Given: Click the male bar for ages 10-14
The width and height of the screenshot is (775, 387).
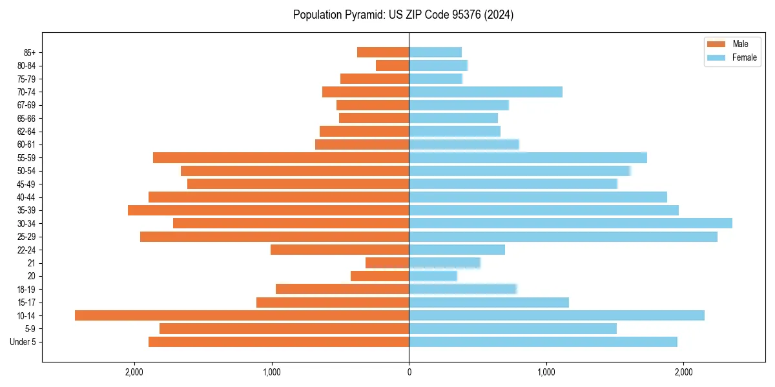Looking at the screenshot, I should (242, 315).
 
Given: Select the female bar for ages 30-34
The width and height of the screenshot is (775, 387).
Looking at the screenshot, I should (570, 223).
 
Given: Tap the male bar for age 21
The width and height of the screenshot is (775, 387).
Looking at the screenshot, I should (387, 263).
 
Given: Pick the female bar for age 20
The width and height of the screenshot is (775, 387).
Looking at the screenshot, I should (433, 276).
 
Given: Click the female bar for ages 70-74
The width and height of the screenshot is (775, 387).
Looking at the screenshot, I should (486, 92).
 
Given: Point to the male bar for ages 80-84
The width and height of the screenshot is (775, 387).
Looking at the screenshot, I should (392, 65).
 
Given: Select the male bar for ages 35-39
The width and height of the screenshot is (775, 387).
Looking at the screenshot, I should (268, 210).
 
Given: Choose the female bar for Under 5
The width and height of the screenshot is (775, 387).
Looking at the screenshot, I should (543, 342).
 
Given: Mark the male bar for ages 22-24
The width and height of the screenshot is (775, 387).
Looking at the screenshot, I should (340, 250).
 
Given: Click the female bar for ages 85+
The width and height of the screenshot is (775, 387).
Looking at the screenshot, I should (435, 52).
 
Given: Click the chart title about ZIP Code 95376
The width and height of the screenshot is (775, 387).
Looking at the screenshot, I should (403, 15).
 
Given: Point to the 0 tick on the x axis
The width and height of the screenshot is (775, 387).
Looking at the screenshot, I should (409, 372).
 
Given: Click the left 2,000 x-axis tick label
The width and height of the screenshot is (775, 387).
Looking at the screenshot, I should (134, 372).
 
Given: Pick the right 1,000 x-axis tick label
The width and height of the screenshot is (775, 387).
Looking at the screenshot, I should (546, 372).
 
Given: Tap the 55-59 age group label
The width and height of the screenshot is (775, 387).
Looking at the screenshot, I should (26, 157).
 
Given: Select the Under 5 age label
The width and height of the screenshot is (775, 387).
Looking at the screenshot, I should (23, 342).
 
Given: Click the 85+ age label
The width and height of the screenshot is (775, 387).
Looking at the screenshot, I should (29, 52).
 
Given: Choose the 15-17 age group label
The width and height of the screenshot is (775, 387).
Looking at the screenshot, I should (26, 303).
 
